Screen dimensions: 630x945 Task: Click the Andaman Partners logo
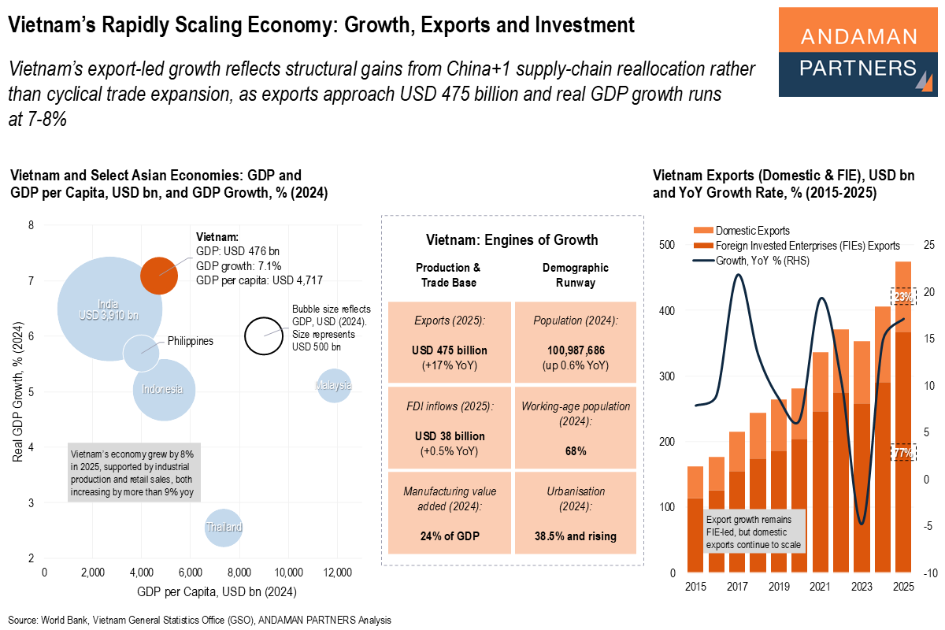click(858, 53)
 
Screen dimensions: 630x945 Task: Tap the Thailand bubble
click(224, 527)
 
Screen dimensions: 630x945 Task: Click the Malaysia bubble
click(334, 385)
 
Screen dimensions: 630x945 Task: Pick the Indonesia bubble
click(163, 390)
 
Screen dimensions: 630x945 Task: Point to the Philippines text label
click(190, 342)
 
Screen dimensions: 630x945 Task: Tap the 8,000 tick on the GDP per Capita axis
click(239, 573)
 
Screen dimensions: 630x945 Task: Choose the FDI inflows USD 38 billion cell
click(450, 428)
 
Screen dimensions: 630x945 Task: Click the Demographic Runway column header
click(575, 275)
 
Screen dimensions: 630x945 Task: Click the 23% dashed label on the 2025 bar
click(902, 297)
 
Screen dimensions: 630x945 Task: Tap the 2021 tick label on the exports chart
click(820, 587)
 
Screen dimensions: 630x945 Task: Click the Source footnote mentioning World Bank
click(199, 620)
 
